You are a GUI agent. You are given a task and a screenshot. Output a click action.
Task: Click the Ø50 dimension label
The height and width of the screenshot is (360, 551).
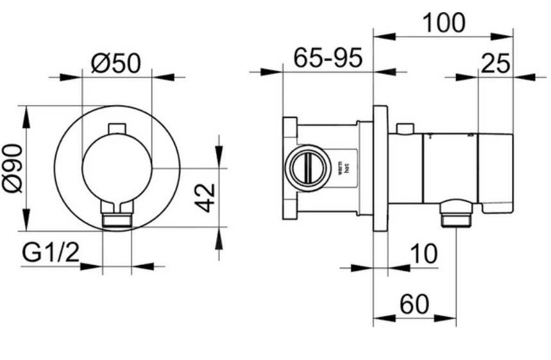[117, 63]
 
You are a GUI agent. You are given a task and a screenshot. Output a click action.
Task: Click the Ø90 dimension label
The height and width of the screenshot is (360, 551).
[12, 168]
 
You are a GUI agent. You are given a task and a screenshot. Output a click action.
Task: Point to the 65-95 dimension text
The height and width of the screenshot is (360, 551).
[328, 58]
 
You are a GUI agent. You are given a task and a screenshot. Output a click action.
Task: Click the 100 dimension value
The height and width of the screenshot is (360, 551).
[443, 23]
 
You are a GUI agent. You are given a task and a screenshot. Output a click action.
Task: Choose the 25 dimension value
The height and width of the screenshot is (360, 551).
[495, 64]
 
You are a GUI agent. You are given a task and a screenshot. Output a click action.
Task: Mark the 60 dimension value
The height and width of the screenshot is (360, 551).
[414, 305]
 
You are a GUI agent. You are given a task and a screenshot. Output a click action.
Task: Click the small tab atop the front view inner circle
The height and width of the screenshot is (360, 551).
[117, 129]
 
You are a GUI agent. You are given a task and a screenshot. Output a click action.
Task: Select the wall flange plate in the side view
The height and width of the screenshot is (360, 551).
[380, 168]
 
